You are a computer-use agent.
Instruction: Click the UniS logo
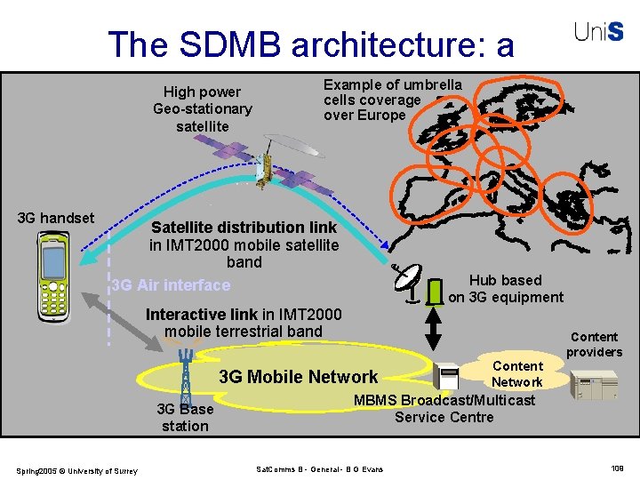coord(598,33)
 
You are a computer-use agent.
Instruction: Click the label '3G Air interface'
coord(171,285)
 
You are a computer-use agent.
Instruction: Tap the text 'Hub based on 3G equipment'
coord(505,289)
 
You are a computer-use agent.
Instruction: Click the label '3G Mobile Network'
coord(298,377)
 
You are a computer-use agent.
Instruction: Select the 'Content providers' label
coord(594,344)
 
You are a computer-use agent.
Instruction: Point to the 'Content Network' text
coord(516,374)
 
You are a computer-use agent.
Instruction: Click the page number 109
coord(617,468)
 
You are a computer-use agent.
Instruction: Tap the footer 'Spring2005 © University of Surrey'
coord(76,470)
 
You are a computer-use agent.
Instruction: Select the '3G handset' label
coord(56,218)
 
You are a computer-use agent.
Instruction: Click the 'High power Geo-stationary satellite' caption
coord(203,108)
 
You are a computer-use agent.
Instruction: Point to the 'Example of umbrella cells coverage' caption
coord(392,100)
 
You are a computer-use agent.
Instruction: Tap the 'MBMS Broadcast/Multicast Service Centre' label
coord(444,408)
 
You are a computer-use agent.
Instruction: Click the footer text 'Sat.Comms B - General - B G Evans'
coord(319,468)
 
